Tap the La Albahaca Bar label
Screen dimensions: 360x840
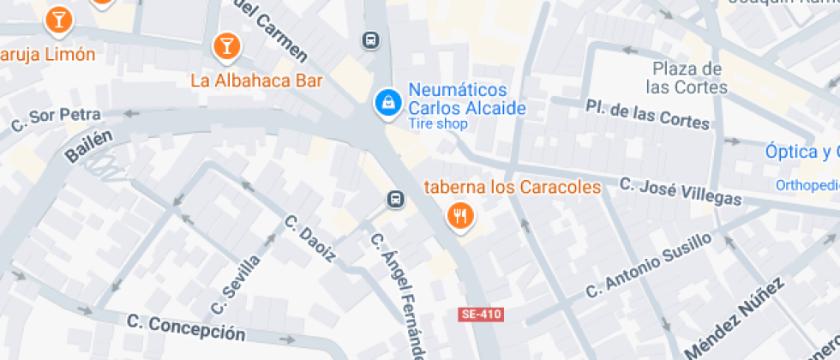click(256, 81)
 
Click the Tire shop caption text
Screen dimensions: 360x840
click(438, 124)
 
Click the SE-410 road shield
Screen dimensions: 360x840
click(480, 315)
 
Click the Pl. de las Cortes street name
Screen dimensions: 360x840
click(648, 114)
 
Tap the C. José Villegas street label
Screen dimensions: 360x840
click(681, 191)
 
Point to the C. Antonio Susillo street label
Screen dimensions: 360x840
click(648, 265)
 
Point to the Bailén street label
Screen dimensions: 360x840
click(88, 147)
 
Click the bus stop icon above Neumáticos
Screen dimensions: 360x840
click(370, 40)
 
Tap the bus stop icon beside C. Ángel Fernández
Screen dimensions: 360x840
click(394, 200)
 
